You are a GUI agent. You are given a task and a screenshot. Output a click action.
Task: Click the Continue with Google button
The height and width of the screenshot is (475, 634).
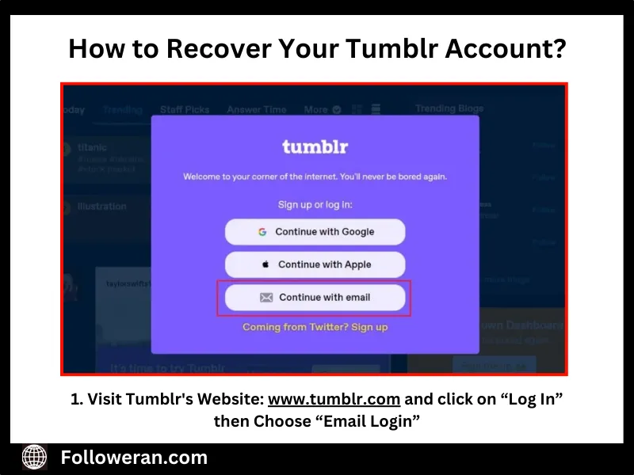point(315,232)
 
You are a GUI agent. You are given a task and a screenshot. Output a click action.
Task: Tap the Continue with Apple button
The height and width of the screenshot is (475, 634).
point(315,264)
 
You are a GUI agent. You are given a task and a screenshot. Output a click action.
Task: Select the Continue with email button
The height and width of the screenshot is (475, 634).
point(315,298)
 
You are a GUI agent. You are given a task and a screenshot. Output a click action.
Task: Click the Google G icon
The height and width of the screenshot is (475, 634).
point(262,232)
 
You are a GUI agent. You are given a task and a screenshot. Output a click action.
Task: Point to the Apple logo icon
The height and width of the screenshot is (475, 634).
point(265,264)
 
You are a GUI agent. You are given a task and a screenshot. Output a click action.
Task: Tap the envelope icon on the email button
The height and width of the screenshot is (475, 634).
point(266,298)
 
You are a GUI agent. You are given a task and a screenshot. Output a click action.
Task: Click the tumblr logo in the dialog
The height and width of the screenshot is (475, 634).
point(315,146)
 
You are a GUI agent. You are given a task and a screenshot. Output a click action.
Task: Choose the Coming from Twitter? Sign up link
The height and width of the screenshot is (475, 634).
point(315,327)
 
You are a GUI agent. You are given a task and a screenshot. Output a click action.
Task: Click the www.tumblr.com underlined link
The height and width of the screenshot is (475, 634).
point(334,399)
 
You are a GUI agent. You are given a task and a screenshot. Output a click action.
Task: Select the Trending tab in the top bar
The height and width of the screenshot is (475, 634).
point(122,109)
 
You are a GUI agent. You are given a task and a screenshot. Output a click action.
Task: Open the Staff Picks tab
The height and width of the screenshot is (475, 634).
point(185,109)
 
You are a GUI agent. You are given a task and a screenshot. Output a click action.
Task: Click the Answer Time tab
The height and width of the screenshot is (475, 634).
point(257,109)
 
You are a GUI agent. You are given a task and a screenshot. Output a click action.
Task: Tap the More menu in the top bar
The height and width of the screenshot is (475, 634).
point(316,109)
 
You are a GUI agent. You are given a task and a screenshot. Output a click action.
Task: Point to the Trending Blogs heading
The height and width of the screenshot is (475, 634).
point(449,108)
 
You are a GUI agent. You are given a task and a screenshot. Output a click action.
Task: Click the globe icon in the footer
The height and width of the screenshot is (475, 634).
point(34,457)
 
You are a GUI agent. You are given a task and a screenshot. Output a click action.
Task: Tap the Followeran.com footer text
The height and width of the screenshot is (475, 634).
point(134,457)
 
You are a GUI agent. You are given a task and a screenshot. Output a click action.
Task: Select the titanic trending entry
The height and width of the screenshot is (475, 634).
point(92,148)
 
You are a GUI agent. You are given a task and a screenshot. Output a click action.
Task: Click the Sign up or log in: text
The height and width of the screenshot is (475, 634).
point(315,204)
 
